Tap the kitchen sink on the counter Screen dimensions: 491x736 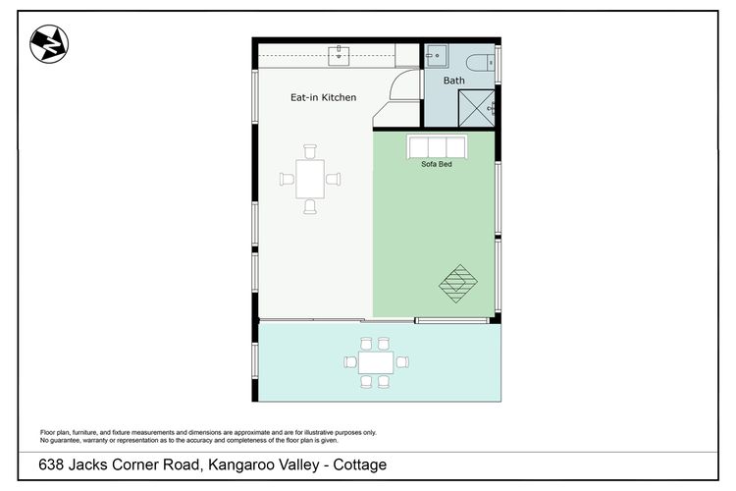pos(340,53)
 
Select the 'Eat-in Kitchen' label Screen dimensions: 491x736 pos(323,98)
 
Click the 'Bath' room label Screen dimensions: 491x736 pos(454,81)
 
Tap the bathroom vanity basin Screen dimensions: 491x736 pos(434,57)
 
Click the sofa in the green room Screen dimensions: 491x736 pos(438,147)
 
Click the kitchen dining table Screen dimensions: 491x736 pos(310,179)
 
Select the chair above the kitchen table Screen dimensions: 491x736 pos(310,151)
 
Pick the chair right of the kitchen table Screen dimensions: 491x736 pos(335,179)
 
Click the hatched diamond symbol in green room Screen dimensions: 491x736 pos(457,283)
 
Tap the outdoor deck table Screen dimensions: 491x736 pos(374,361)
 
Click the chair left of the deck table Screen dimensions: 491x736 pos(348,361)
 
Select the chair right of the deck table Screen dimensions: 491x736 pos(401,361)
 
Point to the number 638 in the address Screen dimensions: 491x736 pos(54,464)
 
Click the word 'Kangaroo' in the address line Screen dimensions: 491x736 pos(237,464)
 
